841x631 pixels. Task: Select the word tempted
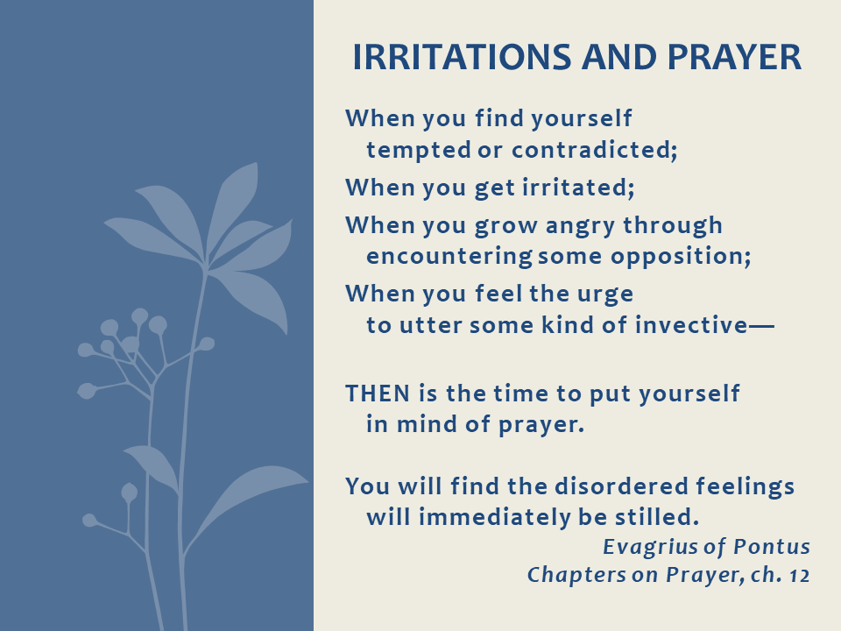click(419, 150)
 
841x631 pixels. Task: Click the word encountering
click(449, 257)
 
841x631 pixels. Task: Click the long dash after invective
click(761, 326)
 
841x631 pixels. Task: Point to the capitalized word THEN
click(378, 393)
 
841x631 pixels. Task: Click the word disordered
click(621, 486)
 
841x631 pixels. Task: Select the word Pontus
click(772, 547)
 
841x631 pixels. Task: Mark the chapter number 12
click(800, 576)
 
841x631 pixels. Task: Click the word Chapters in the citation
click(576, 575)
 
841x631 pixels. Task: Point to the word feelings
click(745, 486)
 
